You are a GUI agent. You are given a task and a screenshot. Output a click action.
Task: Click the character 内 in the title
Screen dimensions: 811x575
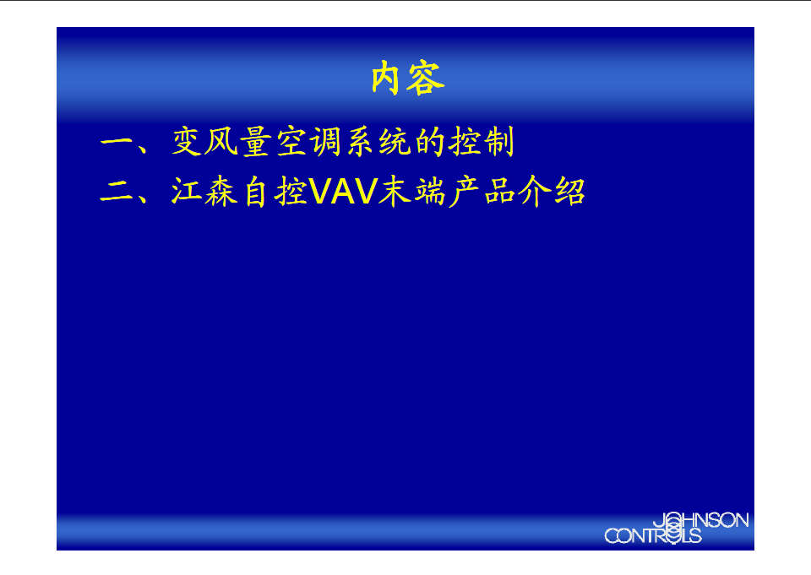pos(386,78)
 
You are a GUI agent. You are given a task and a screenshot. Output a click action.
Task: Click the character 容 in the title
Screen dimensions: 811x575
pos(426,78)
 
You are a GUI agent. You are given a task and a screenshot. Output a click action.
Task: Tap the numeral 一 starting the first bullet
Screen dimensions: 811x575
pos(117,141)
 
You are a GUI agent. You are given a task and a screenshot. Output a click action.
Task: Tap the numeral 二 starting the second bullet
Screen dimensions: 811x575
pos(117,192)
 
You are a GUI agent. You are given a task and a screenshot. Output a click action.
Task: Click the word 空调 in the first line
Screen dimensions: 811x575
pos(309,141)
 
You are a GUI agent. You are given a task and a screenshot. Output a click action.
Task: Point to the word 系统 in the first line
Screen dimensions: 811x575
pos(378,141)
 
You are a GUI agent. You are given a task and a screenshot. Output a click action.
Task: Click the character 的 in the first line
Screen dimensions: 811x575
pos(430,141)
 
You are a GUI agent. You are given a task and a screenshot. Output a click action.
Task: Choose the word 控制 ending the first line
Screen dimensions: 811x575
pos(482,141)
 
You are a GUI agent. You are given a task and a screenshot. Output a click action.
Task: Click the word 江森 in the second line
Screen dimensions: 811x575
pos(204,192)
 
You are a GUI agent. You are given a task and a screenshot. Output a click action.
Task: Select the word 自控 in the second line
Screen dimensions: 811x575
pos(275,192)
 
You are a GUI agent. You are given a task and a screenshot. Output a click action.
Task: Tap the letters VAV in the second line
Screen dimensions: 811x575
pos(344,192)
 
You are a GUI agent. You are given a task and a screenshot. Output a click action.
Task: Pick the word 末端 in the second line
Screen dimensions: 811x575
pos(411,192)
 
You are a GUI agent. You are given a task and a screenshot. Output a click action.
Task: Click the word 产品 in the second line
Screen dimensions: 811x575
pos(482,192)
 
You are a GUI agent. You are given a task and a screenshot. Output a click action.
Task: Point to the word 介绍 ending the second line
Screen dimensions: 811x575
pos(552,192)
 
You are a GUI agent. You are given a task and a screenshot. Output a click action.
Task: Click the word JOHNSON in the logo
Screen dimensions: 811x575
pos(701,520)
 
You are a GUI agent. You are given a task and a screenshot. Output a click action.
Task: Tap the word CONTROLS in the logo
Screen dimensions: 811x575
pos(653,535)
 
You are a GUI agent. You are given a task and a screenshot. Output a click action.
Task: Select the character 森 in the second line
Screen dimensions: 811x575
pos(221,192)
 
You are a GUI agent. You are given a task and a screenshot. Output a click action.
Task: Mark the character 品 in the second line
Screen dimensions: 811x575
pos(499,192)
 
